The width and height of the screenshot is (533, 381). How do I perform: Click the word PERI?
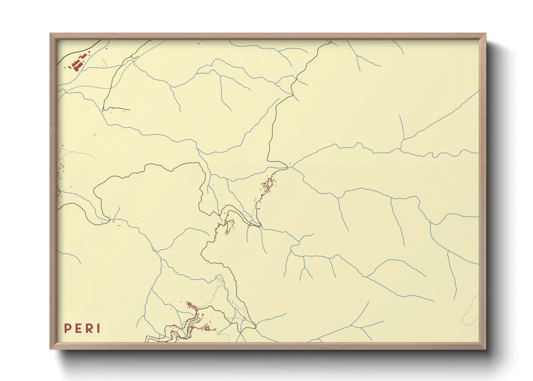[82, 328]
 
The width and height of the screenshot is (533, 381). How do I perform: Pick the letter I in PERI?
[98, 328]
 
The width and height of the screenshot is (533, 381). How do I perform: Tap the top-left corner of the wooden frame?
[51, 34]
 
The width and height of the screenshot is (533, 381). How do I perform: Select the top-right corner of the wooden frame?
[485, 34]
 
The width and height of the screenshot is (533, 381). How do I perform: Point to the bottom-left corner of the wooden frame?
[51, 348]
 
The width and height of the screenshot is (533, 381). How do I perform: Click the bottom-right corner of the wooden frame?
[485, 348]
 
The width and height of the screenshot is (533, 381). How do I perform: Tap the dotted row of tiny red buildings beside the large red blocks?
[105, 63]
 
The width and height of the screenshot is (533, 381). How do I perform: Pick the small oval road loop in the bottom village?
[207, 328]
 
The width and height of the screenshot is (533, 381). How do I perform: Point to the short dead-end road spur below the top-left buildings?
[117, 108]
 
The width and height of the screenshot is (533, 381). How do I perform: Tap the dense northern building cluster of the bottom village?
[190, 306]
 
